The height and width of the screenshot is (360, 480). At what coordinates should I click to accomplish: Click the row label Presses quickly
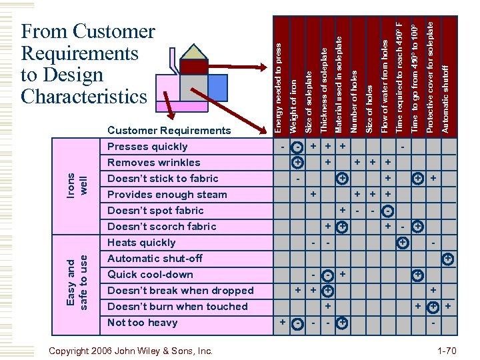(147, 147)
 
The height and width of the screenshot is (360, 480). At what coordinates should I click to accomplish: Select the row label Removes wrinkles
(153, 163)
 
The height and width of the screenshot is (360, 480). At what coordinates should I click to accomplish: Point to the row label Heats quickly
(141, 243)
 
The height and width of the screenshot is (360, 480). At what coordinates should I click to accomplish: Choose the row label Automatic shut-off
(155, 259)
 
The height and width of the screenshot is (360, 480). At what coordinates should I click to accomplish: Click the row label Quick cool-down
(150, 275)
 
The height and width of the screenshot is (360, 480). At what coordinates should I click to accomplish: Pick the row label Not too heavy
(142, 323)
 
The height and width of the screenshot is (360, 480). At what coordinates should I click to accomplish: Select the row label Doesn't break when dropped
(180, 291)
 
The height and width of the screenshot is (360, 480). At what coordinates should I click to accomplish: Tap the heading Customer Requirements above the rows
(169, 131)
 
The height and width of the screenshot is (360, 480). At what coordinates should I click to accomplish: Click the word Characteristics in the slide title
(84, 97)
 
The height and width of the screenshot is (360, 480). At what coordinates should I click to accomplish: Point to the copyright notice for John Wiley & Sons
(132, 351)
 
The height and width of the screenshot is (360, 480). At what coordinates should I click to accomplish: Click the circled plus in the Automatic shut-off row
(449, 259)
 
